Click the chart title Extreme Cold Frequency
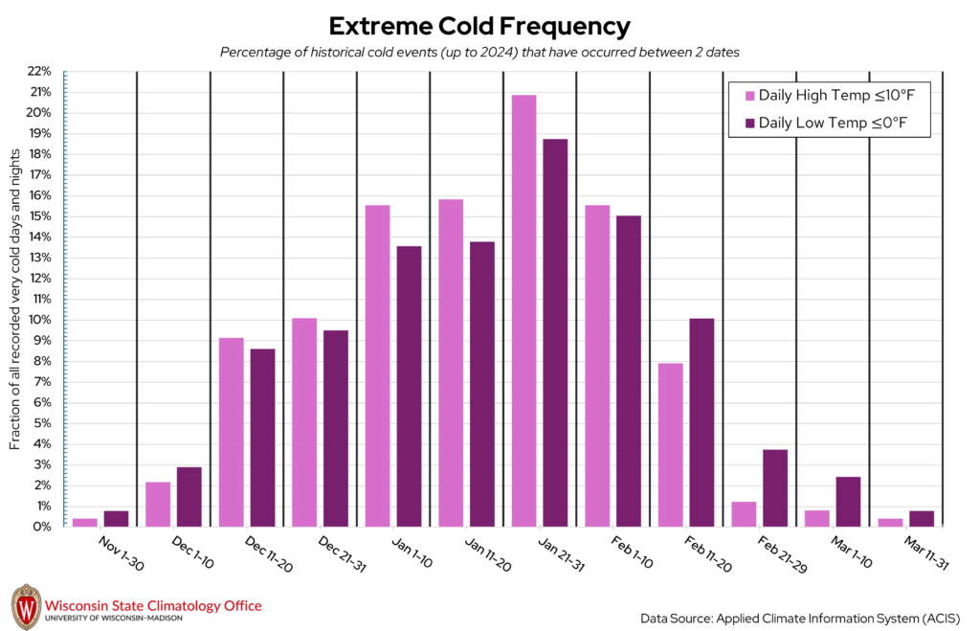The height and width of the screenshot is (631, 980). (x=479, y=26)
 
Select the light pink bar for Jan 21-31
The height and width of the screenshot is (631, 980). (x=523, y=310)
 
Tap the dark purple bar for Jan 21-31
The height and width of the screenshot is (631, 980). (x=555, y=332)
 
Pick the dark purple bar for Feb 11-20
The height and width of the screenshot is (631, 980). (x=702, y=422)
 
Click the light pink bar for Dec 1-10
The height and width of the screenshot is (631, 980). (x=158, y=504)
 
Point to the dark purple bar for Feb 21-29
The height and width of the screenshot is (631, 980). (x=775, y=487)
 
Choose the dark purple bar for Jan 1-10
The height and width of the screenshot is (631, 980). (x=409, y=386)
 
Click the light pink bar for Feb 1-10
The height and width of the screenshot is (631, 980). (x=597, y=366)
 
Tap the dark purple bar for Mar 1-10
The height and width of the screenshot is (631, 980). (x=848, y=501)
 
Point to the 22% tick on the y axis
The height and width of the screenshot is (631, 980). (x=39, y=71)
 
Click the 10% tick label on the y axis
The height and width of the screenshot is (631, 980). (x=39, y=320)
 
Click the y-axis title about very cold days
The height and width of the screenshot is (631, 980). (x=15, y=297)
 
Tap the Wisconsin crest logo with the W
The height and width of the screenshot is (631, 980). (x=26, y=607)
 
